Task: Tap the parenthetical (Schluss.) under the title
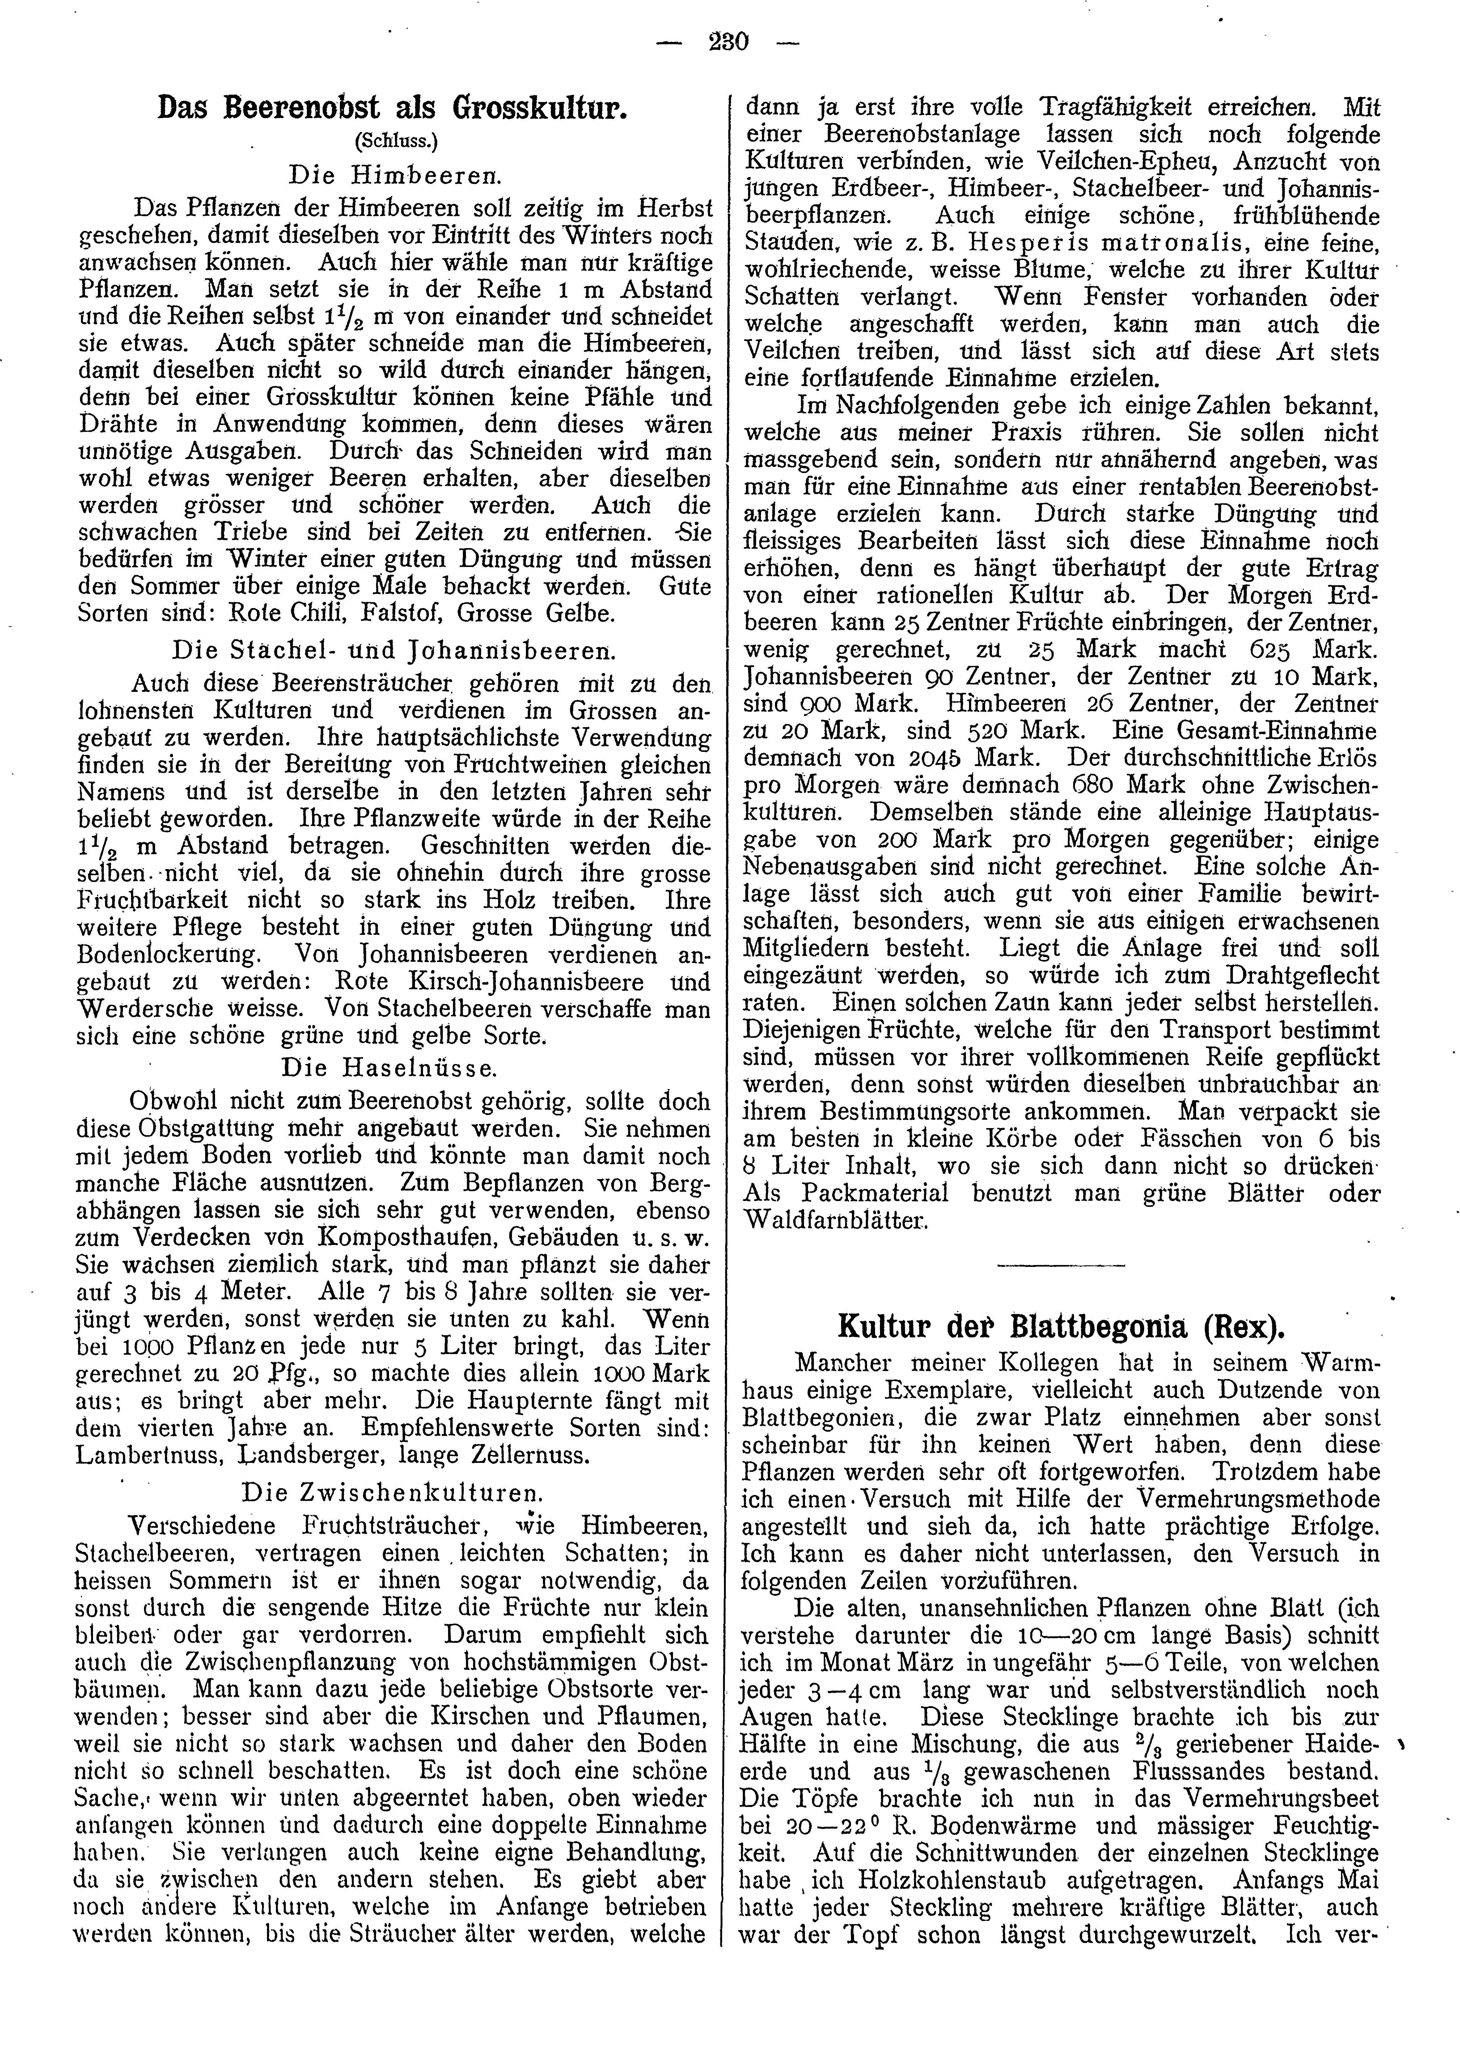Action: [393, 140]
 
